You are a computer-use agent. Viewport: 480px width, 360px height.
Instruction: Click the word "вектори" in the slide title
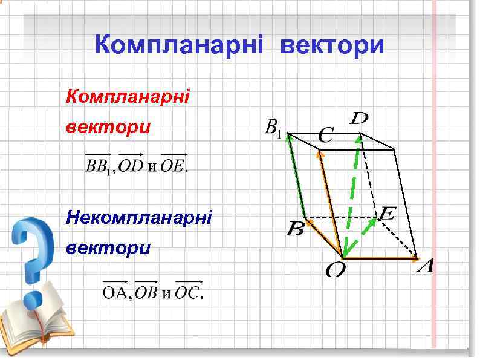tap(332, 45)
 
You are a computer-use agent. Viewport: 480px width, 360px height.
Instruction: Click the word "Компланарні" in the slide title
tap(181, 45)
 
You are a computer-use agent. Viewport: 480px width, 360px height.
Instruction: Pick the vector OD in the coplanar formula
tap(131, 165)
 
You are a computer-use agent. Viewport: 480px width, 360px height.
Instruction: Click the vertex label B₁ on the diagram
tap(273, 128)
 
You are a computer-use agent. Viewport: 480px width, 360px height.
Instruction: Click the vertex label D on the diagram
tap(359, 119)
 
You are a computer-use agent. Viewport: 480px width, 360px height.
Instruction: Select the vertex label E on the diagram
tap(388, 213)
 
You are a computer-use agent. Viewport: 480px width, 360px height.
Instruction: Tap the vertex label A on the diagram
tap(426, 266)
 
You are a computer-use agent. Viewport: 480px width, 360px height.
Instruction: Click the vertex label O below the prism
tap(336, 270)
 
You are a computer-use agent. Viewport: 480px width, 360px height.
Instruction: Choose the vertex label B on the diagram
tap(295, 230)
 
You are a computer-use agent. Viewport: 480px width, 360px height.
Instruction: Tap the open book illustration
tap(36, 324)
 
